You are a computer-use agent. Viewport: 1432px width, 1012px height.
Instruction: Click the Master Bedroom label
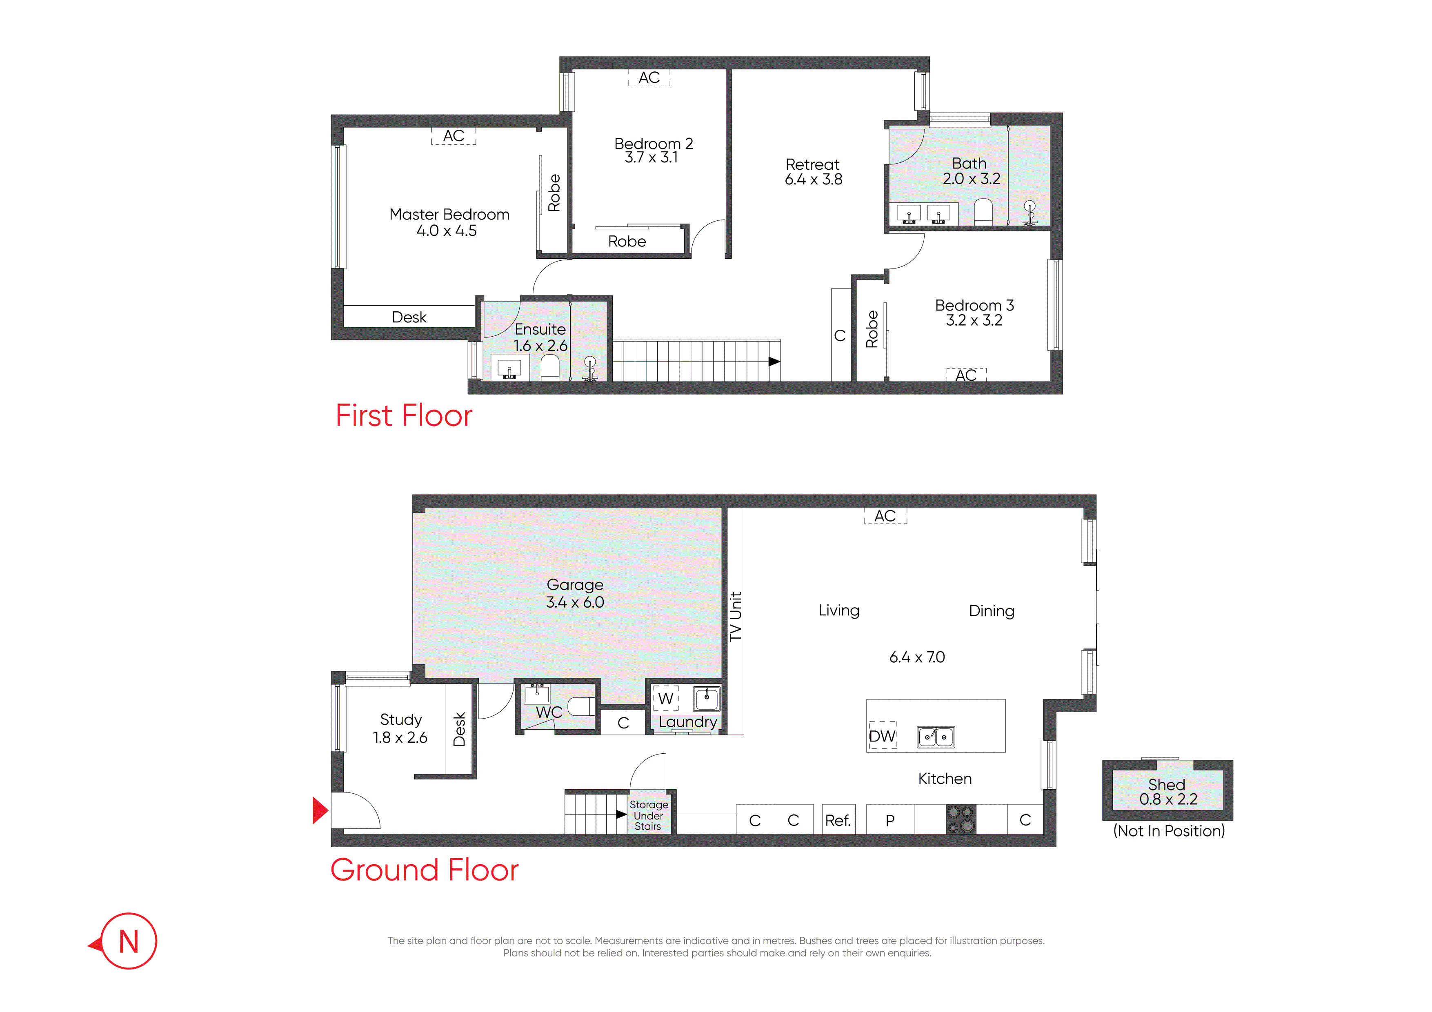click(449, 215)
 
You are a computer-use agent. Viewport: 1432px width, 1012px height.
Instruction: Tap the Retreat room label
click(813, 164)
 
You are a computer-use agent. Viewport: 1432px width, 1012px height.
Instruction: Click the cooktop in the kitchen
click(961, 819)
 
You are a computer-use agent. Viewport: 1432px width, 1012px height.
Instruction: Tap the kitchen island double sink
click(936, 737)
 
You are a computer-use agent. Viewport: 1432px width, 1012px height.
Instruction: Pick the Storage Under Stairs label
click(649, 816)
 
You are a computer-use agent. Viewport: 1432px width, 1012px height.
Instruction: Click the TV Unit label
click(736, 617)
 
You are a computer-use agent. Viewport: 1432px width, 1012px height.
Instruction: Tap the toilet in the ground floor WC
click(580, 706)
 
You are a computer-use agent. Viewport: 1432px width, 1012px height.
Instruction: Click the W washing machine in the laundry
click(665, 698)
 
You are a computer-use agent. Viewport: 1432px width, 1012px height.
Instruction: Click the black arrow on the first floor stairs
click(774, 362)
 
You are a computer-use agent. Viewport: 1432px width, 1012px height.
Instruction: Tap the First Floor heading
click(404, 416)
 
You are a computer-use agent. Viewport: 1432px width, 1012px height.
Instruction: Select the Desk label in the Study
click(460, 729)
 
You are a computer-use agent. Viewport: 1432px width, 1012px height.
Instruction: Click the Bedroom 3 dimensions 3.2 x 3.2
click(974, 320)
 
